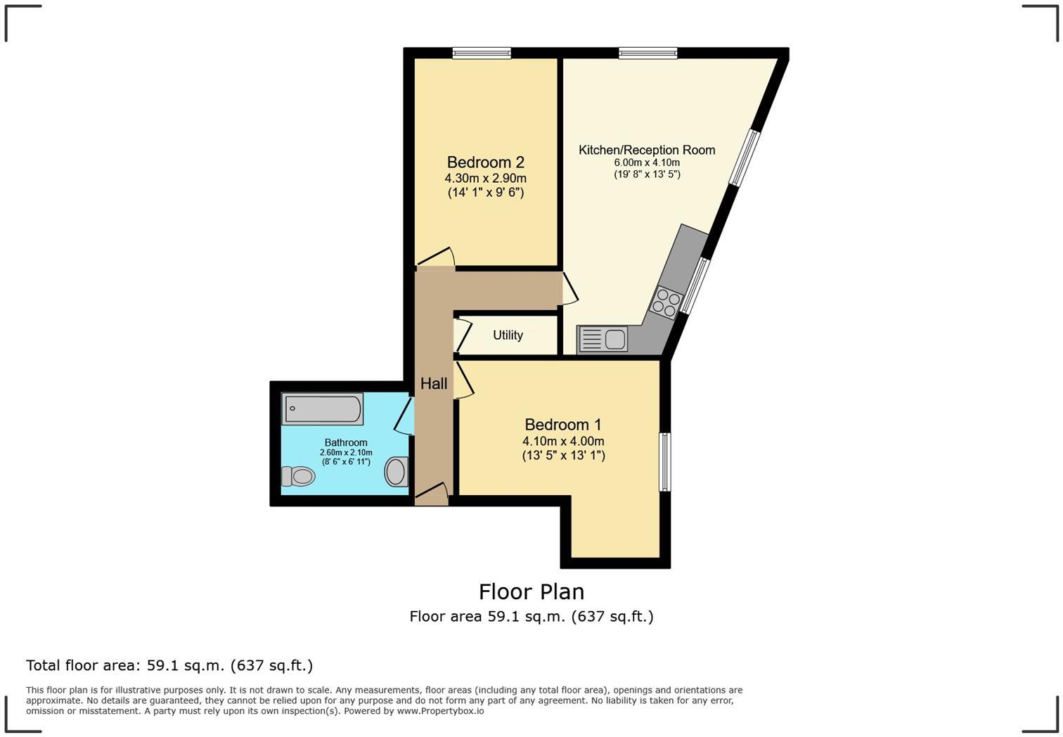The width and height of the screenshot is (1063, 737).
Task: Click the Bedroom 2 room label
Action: point(485,162)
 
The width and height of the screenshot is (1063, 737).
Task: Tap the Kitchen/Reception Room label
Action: point(647,150)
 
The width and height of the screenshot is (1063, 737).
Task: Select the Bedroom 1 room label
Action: point(563,425)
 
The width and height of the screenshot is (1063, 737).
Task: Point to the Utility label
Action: point(508,335)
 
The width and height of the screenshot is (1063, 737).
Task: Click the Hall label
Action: point(434,384)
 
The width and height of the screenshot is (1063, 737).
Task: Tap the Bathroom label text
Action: point(346,442)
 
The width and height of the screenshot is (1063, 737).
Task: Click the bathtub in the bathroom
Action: point(323,409)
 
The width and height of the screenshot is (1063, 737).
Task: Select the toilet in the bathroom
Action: point(298,476)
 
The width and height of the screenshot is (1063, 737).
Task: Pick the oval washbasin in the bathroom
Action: point(397,471)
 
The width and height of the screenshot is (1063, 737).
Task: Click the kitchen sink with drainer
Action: point(603,340)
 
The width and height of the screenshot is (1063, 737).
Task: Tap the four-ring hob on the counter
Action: point(665,303)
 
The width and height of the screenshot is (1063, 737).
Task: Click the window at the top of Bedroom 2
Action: point(482,53)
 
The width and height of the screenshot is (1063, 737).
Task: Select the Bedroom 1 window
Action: point(664,461)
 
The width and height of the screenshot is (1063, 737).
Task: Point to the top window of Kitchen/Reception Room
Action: point(648,53)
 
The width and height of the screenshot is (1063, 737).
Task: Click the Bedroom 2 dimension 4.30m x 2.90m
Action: point(485,179)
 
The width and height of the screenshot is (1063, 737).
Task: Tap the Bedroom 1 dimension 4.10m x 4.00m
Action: point(563,442)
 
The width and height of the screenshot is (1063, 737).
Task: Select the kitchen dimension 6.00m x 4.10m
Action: point(647,163)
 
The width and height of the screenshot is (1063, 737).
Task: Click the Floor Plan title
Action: point(531,591)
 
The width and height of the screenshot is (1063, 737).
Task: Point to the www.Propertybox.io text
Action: point(440,711)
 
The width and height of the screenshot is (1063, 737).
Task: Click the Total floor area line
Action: point(169,665)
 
